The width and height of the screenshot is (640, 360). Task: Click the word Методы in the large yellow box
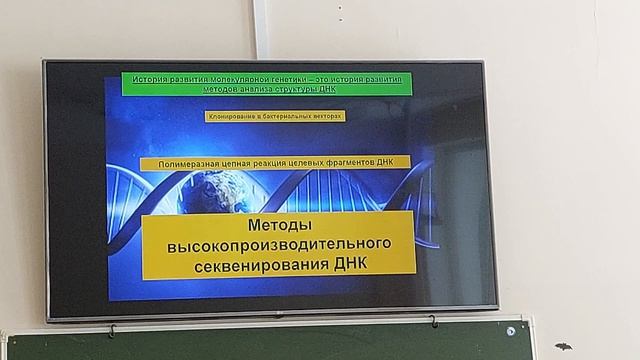pyautogui.click(x=278, y=226)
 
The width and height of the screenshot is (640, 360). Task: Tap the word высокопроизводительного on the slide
pyautogui.click(x=278, y=245)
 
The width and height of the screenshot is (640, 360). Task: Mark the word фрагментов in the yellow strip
pyautogui.click(x=363, y=163)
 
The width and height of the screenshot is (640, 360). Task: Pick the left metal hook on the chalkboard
pyautogui.click(x=112, y=329)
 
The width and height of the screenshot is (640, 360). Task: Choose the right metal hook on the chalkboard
pyautogui.click(x=433, y=321)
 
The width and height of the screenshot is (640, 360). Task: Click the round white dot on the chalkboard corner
pyautogui.click(x=511, y=331)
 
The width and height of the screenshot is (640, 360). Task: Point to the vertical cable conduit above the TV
pyautogui.click(x=261, y=28)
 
